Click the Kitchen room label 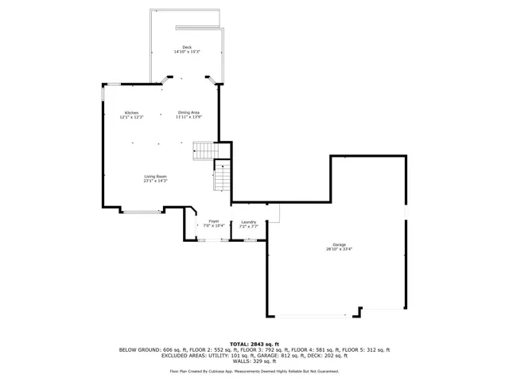(131, 113)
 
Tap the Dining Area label (188, 113)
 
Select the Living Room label (155, 177)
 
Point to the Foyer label (214, 221)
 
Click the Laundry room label (248, 221)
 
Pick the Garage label (339, 244)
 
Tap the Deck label (187, 48)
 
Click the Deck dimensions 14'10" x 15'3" (187, 53)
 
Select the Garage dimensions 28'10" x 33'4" (339, 249)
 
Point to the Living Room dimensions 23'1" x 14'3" (155, 181)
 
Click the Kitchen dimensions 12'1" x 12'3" (131, 118)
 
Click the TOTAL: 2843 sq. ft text (254, 344)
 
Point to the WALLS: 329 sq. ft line (254, 361)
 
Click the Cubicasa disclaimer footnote (254, 371)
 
